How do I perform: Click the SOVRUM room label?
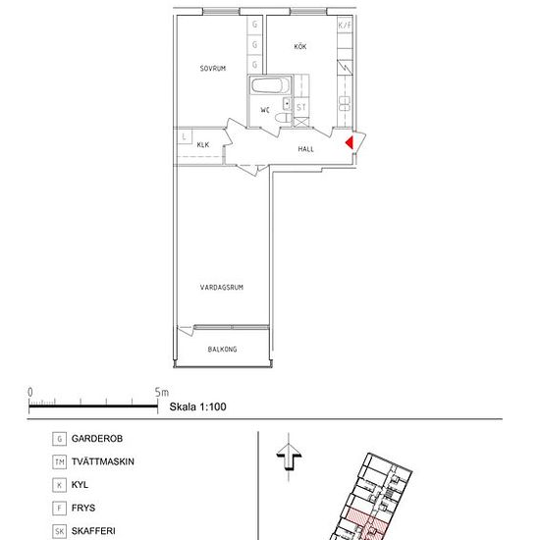pyautogui.click(x=213, y=69)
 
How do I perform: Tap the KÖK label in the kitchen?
pyautogui.click(x=300, y=46)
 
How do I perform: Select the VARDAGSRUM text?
pyautogui.click(x=222, y=288)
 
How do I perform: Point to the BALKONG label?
pyautogui.click(x=222, y=350)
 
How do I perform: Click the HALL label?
pyautogui.click(x=305, y=149)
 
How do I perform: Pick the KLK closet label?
pyautogui.click(x=203, y=145)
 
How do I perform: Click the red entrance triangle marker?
pyautogui.click(x=350, y=142)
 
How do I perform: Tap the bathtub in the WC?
pyautogui.click(x=270, y=85)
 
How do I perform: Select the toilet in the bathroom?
pyautogui.click(x=284, y=118)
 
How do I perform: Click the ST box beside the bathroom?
pyautogui.click(x=301, y=107)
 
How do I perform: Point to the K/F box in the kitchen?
pyautogui.click(x=345, y=26)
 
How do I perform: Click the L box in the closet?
pyautogui.click(x=185, y=136)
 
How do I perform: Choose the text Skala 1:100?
pyautogui.click(x=197, y=406)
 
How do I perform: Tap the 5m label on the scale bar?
pyautogui.click(x=162, y=393)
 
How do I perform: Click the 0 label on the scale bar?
pyautogui.click(x=30, y=393)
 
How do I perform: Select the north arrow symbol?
pyautogui.click(x=289, y=458)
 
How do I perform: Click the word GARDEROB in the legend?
pyautogui.click(x=97, y=439)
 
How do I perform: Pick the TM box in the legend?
pyautogui.click(x=59, y=462)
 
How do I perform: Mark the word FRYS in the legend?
pyautogui.click(x=83, y=508)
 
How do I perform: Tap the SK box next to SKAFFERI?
pyautogui.click(x=59, y=531)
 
